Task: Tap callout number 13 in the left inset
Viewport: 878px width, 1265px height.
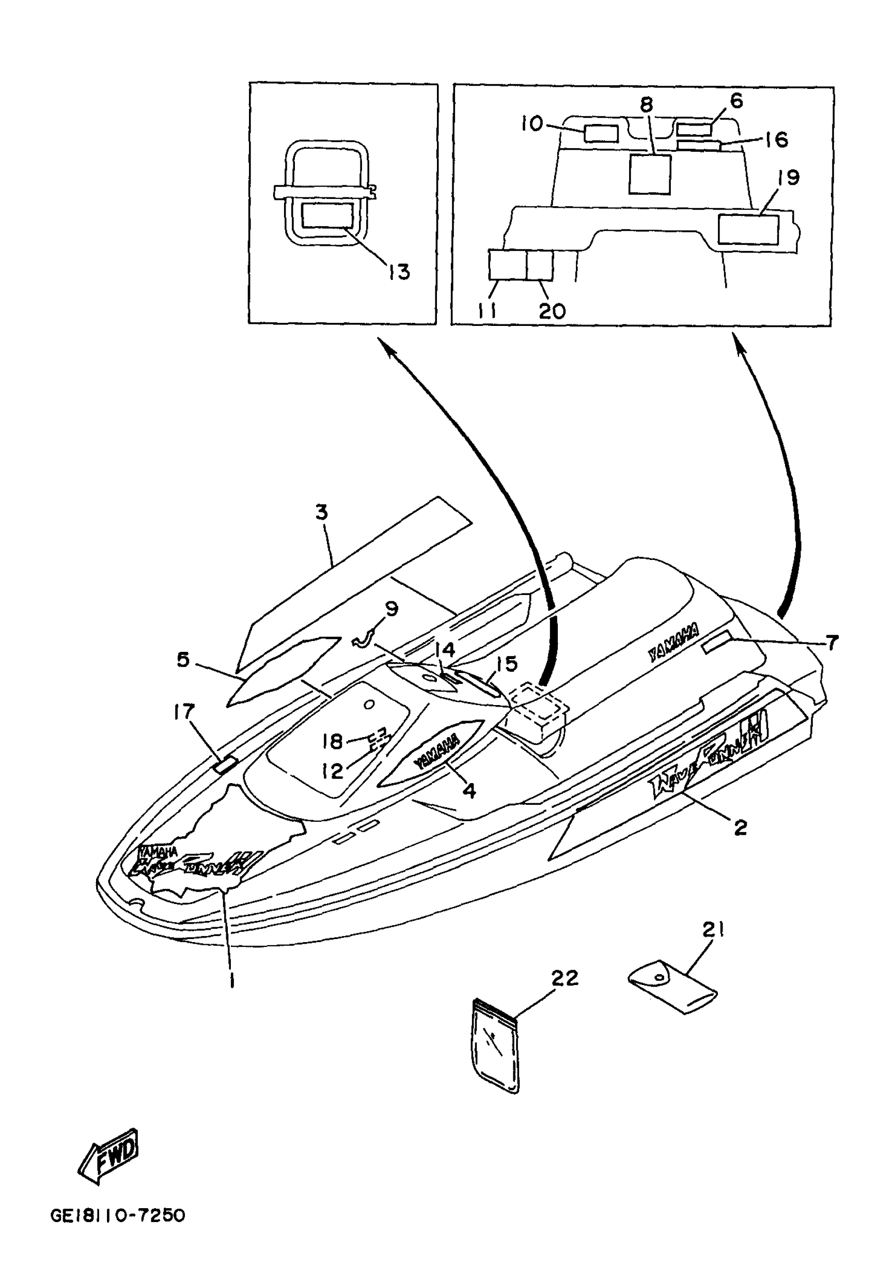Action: click(399, 272)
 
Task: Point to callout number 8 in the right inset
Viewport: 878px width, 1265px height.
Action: click(647, 104)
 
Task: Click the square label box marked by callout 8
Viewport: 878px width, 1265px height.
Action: click(650, 174)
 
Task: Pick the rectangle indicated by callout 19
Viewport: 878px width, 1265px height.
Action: click(749, 229)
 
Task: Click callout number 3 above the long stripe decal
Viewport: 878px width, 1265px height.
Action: click(322, 513)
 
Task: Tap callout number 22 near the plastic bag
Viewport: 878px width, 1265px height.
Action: click(565, 978)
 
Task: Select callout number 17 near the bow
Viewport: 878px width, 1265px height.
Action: click(184, 712)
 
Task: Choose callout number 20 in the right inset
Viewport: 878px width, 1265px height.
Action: click(552, 311)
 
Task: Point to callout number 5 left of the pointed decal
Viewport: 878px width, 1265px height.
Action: click(183, 659)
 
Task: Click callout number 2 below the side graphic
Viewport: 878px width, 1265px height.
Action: click(740, 827)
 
